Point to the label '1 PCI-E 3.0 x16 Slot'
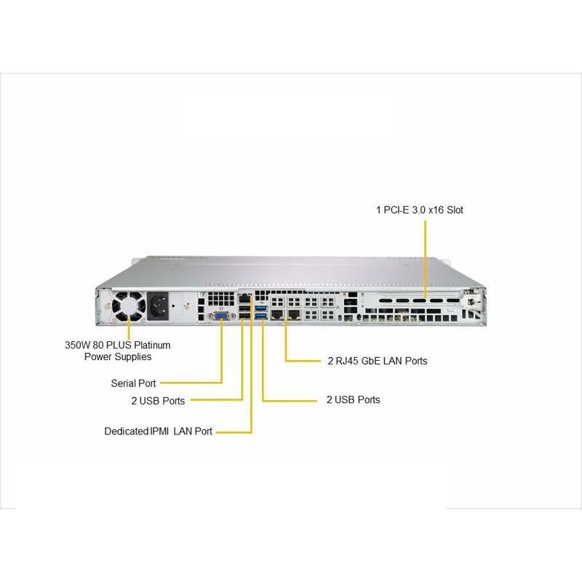pos(420,210)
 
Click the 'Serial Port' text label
pos(133,383)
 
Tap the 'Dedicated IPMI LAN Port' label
pos(158,431)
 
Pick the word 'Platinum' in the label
pos(152,345)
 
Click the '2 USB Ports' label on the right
pos(353,399)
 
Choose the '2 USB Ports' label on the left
pos(158,400)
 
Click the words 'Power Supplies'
pos(117,356)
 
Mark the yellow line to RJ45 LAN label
pos(286,342)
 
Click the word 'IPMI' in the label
pos(159,431)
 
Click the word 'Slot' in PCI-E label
pos(453,210)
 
